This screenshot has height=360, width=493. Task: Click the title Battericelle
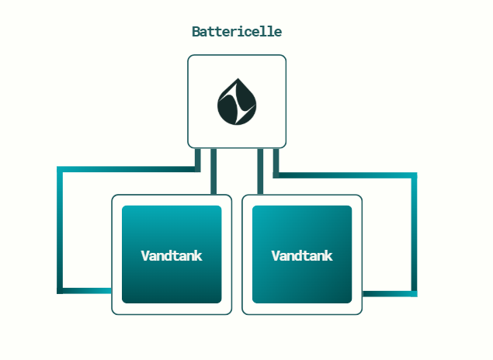[237, 32]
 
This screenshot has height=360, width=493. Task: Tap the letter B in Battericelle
[196, 32]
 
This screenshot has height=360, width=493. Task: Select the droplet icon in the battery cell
[237, 102]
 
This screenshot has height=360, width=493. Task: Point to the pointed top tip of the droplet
[238, 78]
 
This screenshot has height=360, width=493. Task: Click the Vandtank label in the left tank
[172, 256]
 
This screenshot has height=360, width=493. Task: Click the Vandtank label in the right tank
[302, 256]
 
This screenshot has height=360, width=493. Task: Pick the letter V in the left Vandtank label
[146, 256]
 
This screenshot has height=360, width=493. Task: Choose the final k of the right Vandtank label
[328, 256]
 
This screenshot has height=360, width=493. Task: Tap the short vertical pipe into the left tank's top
[214, 171]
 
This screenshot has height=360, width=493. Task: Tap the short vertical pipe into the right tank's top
[260, 171]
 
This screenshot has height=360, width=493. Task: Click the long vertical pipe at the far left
[60, 230]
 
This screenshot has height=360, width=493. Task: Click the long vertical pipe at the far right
[415, 234]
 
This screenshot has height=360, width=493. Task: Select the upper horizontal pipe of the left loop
[129, 169]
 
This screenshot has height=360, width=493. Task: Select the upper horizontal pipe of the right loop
[345, 175]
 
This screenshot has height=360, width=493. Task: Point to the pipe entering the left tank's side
[85, 291]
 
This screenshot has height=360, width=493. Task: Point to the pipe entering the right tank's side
[390, 294]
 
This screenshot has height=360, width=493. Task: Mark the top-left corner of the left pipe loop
[60, 170]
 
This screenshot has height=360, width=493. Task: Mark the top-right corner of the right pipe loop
[415, 175]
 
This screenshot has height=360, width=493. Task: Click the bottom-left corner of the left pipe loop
[60, 291]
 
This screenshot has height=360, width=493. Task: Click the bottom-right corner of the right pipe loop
[415, 294]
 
